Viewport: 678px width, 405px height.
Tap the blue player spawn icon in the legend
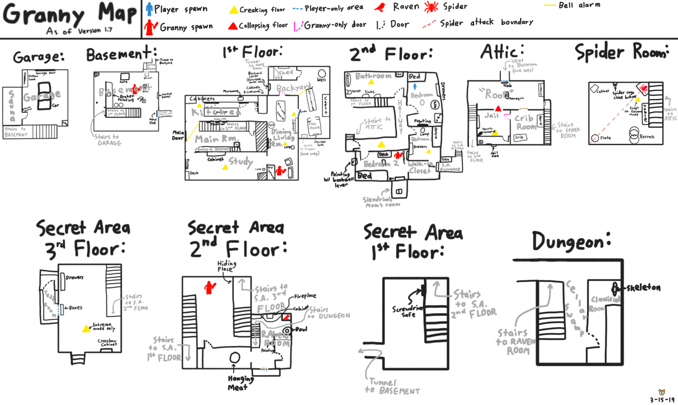pyautogui.click(x=150, y=8)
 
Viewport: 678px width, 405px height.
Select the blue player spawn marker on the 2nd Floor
pyautogui.click(x=415, y=86)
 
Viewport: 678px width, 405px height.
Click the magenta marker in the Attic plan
pyautogui.click(x=506, y=116)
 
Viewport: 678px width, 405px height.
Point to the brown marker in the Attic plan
pyautogui.click(x=524, y=109)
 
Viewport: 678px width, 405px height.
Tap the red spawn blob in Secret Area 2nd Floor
pyautogui.click(x=210, y=287)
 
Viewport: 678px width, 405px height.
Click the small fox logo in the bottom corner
pyautogui.click(x=661, y=394)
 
